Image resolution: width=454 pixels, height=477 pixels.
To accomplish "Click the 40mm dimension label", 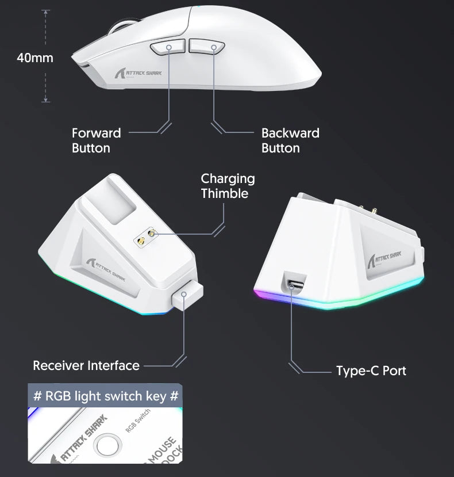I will point(34,58).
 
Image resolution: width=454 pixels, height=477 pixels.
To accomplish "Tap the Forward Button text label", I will point(96,140).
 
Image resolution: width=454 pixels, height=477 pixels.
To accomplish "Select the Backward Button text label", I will point(290,140).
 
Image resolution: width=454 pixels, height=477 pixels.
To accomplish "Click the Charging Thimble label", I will point(228,186).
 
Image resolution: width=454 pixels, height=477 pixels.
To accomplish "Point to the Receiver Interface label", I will point(86,365).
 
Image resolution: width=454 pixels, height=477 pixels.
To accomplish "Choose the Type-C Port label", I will point(371,371).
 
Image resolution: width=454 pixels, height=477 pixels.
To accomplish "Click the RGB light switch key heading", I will point(106,396).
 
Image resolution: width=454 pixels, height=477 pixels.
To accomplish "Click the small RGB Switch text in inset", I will point(137,423).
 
